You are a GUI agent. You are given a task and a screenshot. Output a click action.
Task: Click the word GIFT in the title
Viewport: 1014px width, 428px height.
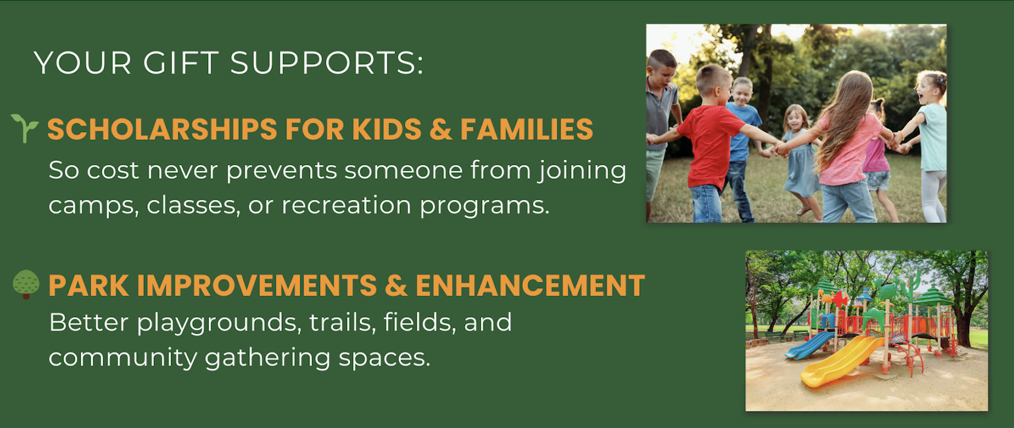coord(181,62)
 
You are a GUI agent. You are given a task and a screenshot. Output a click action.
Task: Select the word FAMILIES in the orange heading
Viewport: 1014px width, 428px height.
coord(526,130)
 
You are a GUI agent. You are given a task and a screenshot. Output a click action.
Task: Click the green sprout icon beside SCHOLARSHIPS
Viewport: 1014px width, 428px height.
coord(24,128)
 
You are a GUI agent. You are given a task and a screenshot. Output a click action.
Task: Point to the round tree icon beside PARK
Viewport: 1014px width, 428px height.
coord(26,284)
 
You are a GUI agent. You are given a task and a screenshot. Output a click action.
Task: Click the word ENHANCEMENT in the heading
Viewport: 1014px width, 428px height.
coord(530,285)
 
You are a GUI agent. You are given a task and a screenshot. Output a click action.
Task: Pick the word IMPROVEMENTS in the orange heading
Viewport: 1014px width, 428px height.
coord(257,285)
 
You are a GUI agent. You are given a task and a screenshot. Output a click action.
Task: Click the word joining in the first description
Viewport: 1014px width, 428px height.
coord(582,171)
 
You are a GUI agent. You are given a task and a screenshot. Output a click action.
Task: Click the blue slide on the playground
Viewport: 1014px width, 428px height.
coord(809,345)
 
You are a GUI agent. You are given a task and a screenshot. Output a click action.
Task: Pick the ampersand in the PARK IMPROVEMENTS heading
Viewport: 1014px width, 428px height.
coord(396,285)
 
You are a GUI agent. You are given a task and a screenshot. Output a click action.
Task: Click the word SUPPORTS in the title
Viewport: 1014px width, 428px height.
coord(327,62)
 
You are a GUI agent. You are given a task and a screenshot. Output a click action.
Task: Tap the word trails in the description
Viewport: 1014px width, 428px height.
coord(343,322)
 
